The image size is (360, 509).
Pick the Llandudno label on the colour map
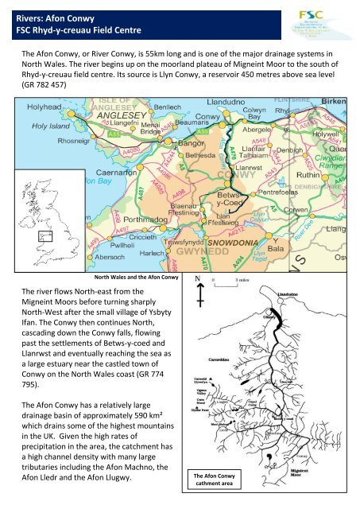205,103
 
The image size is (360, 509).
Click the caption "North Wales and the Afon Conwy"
136,277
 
